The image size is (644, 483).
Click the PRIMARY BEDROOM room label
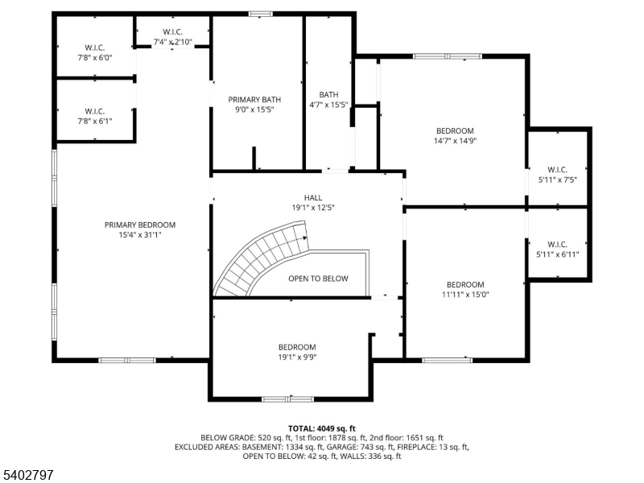(x=139, y=225)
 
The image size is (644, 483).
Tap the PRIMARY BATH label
(x=254, y=100)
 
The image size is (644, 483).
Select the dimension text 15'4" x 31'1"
(x=139, y=235)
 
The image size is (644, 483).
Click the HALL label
(x=313, y=197)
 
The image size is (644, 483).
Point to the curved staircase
(x=262, y=258)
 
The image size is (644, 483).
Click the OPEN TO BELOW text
(x=318, y=279)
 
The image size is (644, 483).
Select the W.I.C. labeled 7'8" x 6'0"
(x=95, y=52)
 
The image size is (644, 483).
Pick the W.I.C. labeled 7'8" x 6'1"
(x=95, y=116)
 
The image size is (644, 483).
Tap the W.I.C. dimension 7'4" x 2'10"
(x=171, y=41)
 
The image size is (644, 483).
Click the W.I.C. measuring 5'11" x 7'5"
(x=558, y=175)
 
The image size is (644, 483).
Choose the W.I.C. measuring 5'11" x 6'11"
(x=558, y=250)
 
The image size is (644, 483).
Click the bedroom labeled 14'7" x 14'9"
(x=455, y=135)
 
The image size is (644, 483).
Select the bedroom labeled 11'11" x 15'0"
(x=465, y=289)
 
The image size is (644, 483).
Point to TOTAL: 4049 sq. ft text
(x=322, y=428)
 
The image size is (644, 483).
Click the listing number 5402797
(x=27, y=475)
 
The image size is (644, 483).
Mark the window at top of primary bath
(x=260, y=14)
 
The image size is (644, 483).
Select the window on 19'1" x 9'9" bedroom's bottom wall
(x=287, y=398)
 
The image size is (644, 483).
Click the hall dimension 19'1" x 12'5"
(x=313, y=208)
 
